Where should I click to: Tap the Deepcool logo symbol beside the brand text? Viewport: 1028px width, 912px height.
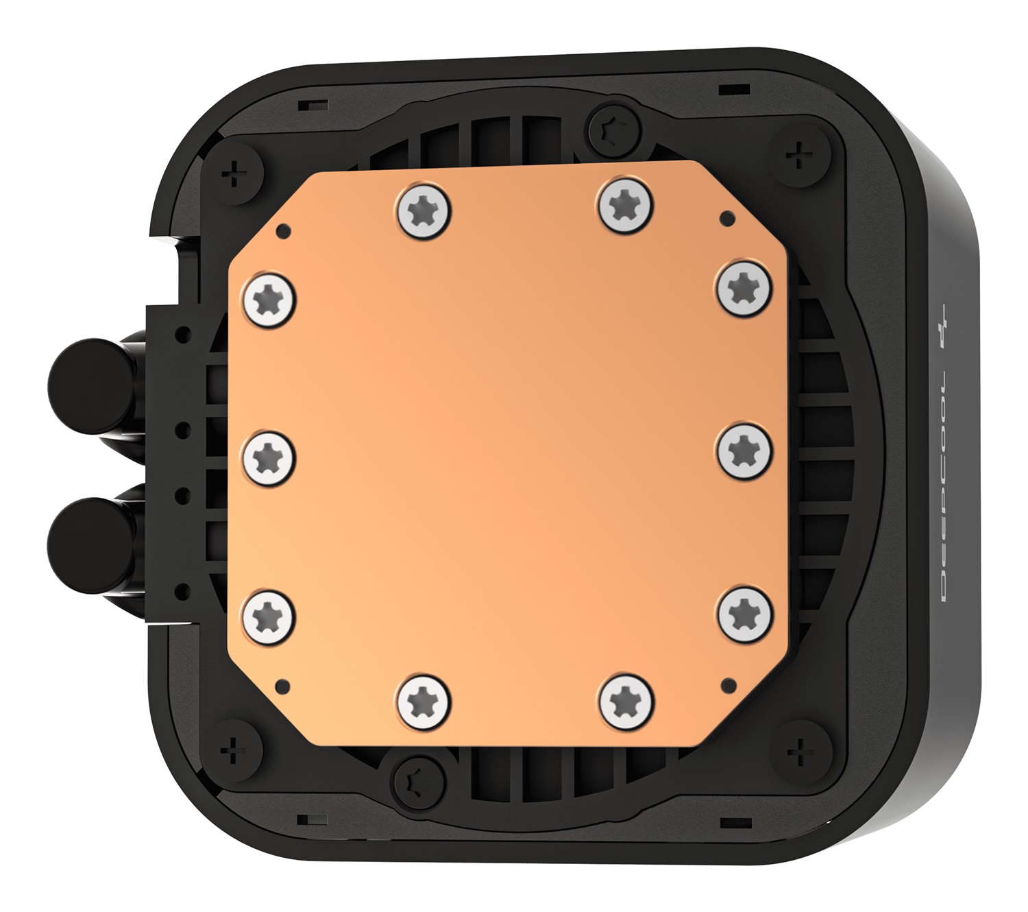tap(949, 326)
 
